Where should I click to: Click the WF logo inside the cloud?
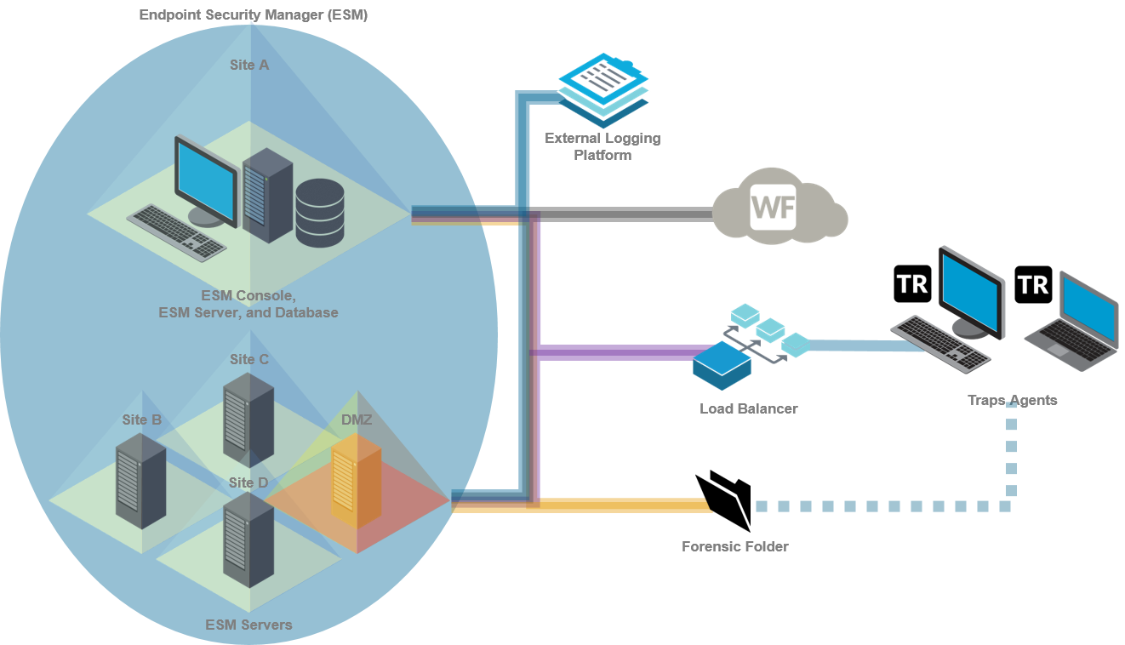click(773, 208)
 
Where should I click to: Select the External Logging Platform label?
click(602, 146)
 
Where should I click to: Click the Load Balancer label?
click(749, 408)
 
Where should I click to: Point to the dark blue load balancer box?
click(722, 364)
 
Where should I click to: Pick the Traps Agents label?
click(1013, 400)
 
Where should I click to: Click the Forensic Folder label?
click(735, 546)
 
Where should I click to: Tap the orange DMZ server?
click(356, 482)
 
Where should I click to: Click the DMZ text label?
click(357, 420)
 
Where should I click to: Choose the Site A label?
click(249, 65)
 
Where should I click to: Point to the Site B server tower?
click(140, 481)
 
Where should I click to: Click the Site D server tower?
click(248, 539)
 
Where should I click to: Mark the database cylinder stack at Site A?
click(320, 213)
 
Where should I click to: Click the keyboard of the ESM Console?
click(176, 231)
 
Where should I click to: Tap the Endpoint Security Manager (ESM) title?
click(254, 14)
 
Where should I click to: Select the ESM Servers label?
click(248, 625)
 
